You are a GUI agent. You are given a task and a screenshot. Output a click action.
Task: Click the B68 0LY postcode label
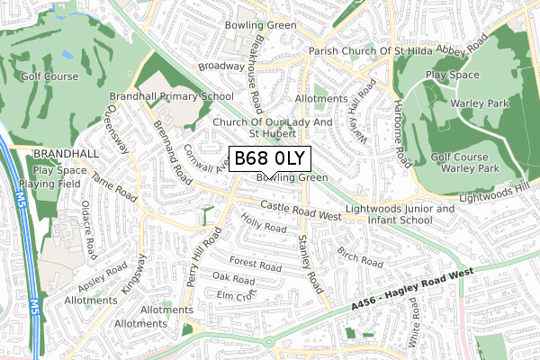[270, 159]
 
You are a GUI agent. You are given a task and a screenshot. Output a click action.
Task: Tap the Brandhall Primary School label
[171, 95]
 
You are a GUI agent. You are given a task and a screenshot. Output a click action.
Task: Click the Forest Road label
[256, 264]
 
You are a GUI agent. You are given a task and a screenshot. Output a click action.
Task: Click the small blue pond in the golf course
[68, 56]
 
